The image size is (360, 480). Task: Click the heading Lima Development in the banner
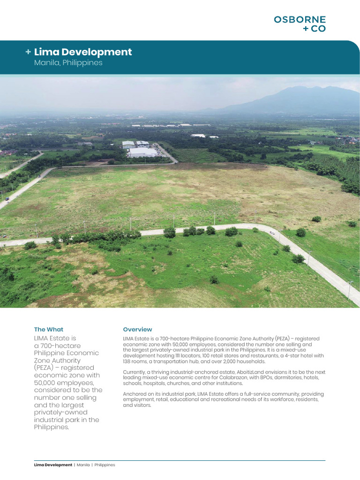[83, 52]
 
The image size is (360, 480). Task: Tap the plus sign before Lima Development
[29, 52]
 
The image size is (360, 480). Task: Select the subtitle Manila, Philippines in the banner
[68, 63]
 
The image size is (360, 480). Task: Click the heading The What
[49, 330]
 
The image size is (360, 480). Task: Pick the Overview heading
[137, 330]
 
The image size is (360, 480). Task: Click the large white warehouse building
[142, 152]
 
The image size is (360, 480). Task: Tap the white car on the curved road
[272, 232]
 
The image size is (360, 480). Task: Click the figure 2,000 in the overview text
[235, 361]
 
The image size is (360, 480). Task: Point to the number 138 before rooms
[128, 361]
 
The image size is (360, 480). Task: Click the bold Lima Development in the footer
[53, 465]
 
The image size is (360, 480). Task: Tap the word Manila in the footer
[83, 465]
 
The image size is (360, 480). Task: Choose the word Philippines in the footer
[105, 465]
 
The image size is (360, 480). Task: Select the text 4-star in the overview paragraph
[284, 356]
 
